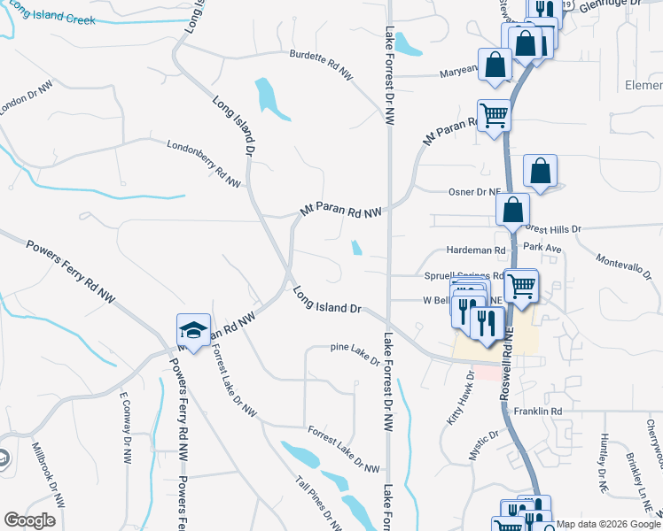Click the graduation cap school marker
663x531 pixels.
point(193,331)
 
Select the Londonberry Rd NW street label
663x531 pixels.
point(204,162)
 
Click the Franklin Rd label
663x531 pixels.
point(543,412)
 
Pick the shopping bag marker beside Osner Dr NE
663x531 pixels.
point(539,173)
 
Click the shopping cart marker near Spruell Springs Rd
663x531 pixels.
point(521,286)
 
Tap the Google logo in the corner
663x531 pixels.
point(29,520)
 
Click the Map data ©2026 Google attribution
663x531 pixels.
point(609,524)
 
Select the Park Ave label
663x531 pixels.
point(542,248)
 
